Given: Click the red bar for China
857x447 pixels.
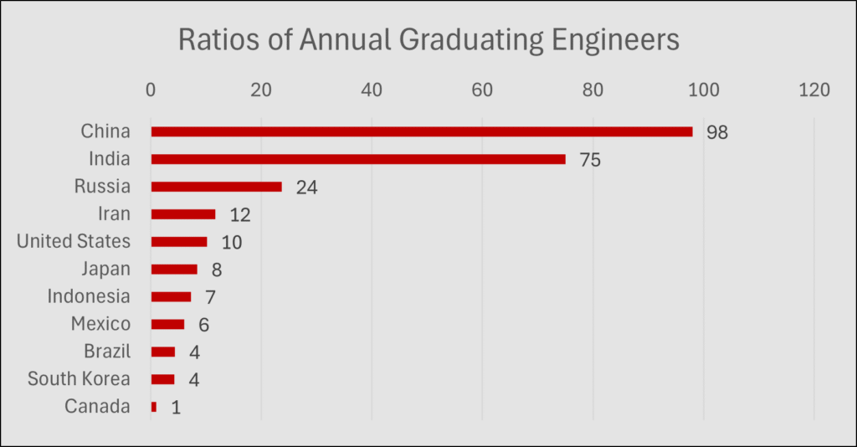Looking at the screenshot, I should [x=422, y=131].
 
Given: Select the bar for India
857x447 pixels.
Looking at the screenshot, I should [x=358, y=159].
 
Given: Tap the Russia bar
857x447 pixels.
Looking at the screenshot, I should [x=216, y=187].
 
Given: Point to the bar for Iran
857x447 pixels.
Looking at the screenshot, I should [x=183, y=214].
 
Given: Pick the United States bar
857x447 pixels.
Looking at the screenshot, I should [x=179, y=242].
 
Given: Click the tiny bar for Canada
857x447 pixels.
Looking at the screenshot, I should [x=154, y=407].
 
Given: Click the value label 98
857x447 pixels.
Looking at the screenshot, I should [x=717, y=132].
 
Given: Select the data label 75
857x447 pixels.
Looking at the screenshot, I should [x=590, y=160].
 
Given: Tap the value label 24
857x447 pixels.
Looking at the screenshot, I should [x=306, y=188].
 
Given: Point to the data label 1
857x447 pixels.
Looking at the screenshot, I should [x=176, y=408].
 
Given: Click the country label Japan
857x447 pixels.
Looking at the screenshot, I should [x=106, y=269].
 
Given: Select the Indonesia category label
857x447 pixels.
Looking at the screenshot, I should [x=89, y=296].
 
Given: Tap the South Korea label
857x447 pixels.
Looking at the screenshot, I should [x=79, y=378].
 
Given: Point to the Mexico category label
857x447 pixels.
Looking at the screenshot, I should [x=100, y=324].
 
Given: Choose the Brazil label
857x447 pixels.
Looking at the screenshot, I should [x=107, y=352].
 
